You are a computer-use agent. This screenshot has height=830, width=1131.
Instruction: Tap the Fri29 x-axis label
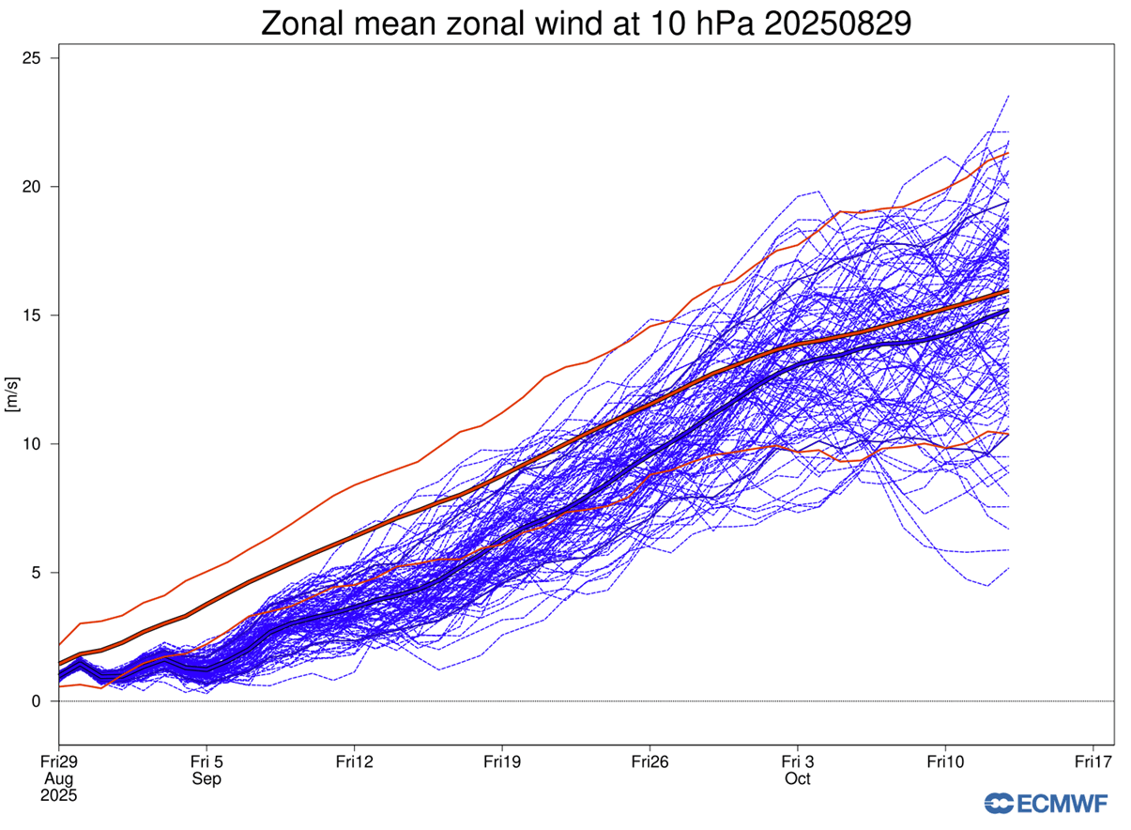[x=58, y=761]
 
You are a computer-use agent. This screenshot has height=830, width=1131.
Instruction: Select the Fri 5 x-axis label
[x=206, y=761]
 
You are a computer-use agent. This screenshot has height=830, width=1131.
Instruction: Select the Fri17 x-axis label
[x=1093, y=761]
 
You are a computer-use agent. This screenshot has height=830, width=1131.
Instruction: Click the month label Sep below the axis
[x=206, y=779]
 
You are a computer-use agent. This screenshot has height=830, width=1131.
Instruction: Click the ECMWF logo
[x=1046, y=804]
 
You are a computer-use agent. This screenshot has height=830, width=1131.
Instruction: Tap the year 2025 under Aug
[x=58, y=796]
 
